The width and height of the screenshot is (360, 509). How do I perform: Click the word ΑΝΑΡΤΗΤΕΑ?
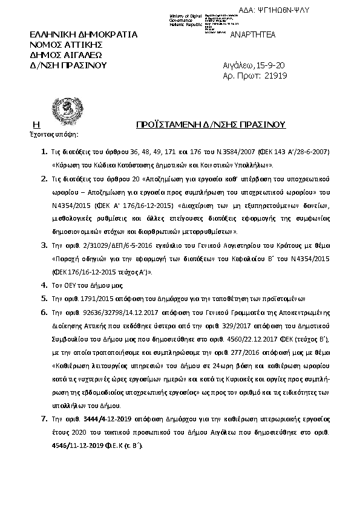click(x=253, y=34)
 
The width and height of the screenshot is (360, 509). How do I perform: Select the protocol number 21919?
click(x=275, y=76)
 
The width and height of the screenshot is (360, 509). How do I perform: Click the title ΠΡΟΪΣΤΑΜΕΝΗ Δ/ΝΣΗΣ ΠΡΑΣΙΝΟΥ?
click(x=211, y=125)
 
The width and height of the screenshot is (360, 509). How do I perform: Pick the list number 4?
click(x=44, y=284)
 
